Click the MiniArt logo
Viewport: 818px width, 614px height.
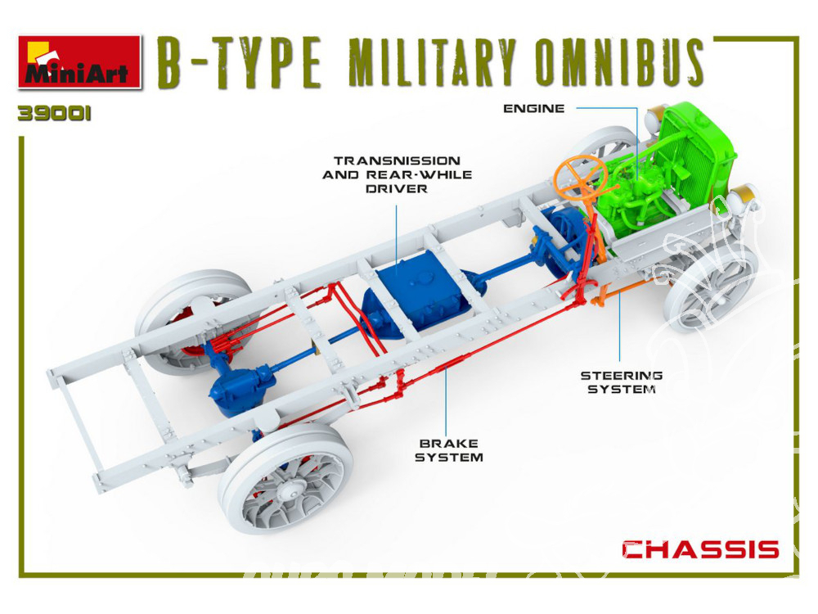(x=79, y=61)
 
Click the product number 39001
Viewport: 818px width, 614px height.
(x=54, y=114)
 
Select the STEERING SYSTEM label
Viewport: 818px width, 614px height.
(x=622, y=382)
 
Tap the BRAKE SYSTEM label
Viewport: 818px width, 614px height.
(x=448, y=450)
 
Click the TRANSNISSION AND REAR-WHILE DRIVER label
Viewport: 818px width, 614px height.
(x=397, y=174)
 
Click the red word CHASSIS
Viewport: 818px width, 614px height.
(x=700, y=549)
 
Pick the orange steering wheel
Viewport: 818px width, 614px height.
(x=580, y=176)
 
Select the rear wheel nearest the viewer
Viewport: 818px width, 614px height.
(x=285, y=479)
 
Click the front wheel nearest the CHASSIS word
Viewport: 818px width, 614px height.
(x=713, y=289)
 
